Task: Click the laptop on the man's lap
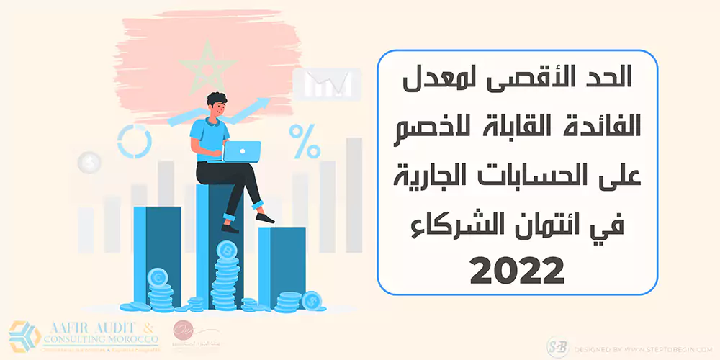(x=241, y=150)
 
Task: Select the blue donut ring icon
(x=134, y=140)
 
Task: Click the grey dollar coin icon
(x=89, y=162)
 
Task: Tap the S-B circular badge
(x=558, y=346)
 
